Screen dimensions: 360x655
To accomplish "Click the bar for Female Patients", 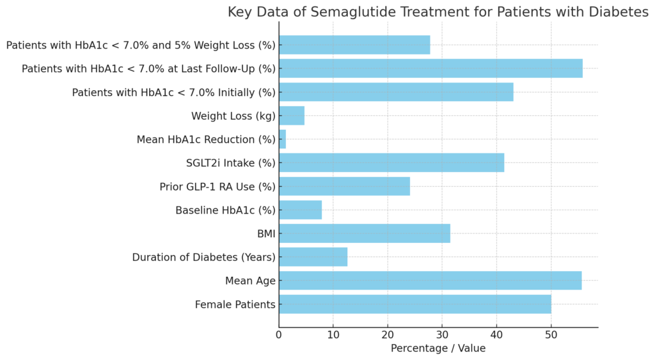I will (414, 304).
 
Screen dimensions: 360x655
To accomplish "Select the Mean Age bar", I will (430, 281).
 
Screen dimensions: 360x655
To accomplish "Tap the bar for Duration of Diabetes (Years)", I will (313, 257).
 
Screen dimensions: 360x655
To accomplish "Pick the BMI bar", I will (364, 233).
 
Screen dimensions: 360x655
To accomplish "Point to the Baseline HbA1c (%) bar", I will (300, 210).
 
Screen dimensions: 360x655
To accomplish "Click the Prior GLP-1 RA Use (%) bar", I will (344, 186).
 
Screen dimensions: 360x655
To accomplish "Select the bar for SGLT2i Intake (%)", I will (391, 162).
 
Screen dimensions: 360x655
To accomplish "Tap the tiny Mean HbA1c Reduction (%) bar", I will (282, 139).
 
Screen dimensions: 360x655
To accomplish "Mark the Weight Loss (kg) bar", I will (292, 116).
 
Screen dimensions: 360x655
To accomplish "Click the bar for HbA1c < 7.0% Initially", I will (396, 92).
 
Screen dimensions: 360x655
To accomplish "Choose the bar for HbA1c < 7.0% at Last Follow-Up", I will (430, 68).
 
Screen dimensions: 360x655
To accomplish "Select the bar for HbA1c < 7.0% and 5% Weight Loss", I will (354, 45).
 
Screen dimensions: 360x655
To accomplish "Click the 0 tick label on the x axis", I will (279, 335).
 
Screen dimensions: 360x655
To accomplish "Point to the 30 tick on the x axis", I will (442, 335).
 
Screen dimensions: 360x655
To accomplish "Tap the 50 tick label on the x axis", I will (551, 335).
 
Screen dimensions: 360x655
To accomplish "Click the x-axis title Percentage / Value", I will (438, 348).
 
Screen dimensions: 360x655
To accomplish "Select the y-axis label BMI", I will (266, 234).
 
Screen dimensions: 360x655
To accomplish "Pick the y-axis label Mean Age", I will (250, 281).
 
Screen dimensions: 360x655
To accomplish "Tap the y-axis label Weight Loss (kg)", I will (233, 116).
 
